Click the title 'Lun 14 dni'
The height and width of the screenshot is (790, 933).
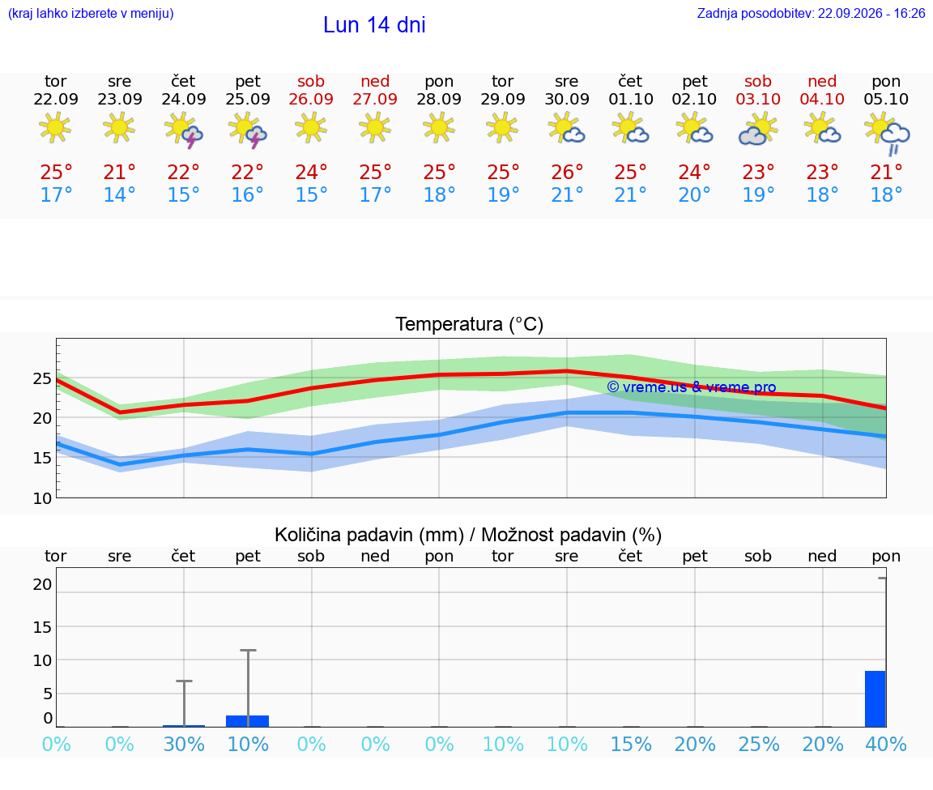click(x=374, y=25)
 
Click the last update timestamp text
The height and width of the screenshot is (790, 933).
click(x=811, y=13)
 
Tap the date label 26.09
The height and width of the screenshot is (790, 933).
click(x=311, y=99)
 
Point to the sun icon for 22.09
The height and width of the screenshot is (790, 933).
click(x=55, y=127)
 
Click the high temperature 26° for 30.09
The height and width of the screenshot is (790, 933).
click(x=566, y=172)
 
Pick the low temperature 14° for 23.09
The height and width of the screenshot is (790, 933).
click(x=120, y=194)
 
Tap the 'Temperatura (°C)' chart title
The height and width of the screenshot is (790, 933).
click(x=470, y=324)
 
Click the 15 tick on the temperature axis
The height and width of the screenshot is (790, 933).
click(x=42, y=458)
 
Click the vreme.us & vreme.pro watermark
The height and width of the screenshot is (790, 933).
click(x=692, y=387)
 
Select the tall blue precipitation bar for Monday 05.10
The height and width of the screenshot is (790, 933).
click(x=875, y=699)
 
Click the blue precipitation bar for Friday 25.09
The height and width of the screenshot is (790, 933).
click(x=248, y=721)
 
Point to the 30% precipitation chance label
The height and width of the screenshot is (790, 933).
click(x=184, y=745)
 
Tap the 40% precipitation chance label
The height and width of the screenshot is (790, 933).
click(x=886, y=745)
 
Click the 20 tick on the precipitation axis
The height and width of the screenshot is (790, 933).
click(x=42, y=584)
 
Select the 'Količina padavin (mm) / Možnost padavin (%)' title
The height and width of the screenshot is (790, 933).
click(x=468, y=535)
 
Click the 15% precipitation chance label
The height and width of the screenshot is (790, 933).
click(x=631, y=745)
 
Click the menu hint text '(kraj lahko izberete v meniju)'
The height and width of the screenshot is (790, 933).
click(x=91, y=13)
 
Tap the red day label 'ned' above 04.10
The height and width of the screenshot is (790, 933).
click(x=822, y=81)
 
